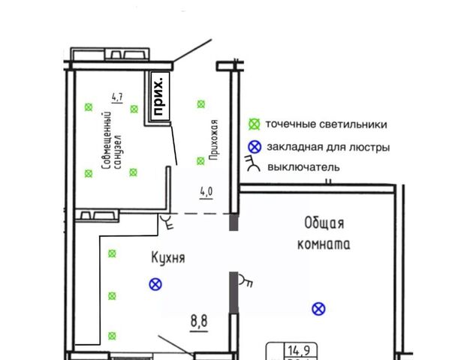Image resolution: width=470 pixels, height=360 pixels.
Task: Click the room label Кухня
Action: click(x=168, y=257)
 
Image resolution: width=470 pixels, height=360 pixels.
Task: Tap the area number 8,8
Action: click(x=199, y=321)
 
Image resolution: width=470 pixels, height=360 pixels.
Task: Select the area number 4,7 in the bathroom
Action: click(x=117, y=97)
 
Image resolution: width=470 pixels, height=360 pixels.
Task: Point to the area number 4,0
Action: click(x=206, y=191)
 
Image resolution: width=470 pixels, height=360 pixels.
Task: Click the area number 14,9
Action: click(x=299, y=349)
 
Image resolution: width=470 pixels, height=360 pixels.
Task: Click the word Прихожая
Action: click(x=214, y=139)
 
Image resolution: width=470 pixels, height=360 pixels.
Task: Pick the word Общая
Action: click(x=324, y=223)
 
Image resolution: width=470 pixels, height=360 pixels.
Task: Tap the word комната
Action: click(x=324, y=244)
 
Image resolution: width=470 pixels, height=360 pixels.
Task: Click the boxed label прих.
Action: click(x=159, y=96)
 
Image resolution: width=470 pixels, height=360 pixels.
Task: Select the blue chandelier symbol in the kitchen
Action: click(x=155, y=284)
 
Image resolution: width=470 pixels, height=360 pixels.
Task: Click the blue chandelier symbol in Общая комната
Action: click(x=318, y=309)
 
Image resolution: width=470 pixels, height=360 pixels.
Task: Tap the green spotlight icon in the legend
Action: click(x=255, y=124)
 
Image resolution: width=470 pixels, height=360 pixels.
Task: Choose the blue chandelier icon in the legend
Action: click(x=255, y=147)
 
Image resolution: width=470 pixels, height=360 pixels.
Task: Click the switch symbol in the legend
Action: click(x=253, y=163)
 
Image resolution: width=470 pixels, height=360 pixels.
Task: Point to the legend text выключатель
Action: click(x=303, y=167)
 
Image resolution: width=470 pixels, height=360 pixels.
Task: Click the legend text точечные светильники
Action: click(x=327, y=124)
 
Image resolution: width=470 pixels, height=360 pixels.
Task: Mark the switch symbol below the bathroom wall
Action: click(x=167, y=221)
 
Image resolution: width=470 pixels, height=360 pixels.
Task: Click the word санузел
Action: click(x=118, y=151)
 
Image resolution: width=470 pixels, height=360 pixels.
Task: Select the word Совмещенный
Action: click(x=107, y=140)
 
